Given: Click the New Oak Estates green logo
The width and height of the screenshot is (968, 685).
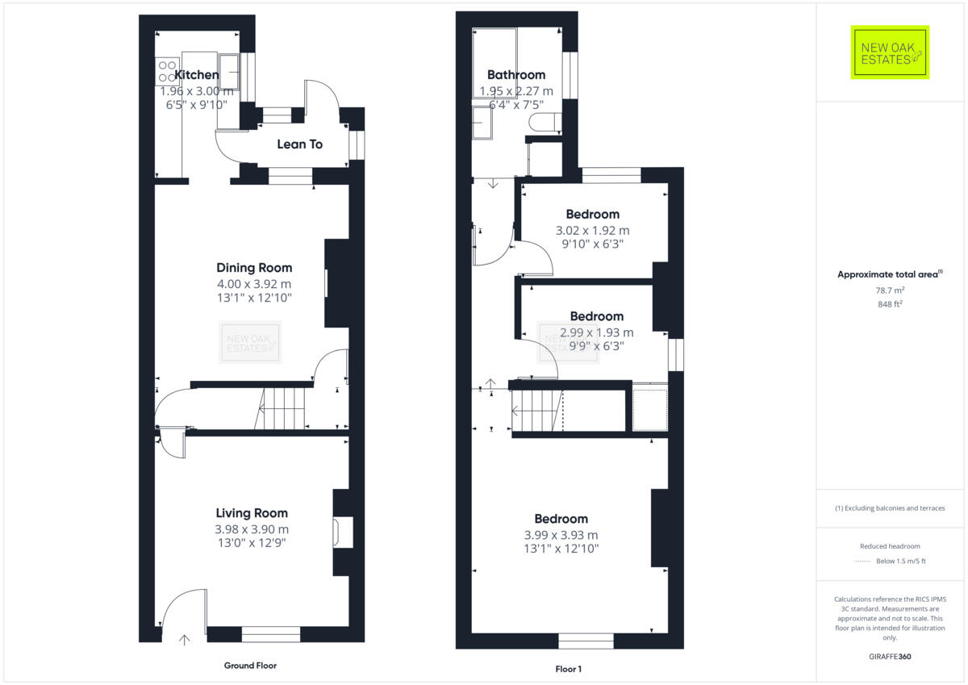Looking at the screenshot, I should click(890, 52).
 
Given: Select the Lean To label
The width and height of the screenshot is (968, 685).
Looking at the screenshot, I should click(299, 144).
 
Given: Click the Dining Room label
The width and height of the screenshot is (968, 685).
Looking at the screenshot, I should click(254, 268).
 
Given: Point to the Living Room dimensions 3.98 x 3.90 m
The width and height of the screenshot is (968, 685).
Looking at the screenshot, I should click(252, 529).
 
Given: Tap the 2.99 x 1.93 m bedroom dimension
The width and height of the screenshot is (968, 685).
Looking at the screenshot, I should click(597, 332).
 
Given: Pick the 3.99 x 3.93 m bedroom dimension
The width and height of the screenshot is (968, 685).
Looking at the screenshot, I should click(561, 535).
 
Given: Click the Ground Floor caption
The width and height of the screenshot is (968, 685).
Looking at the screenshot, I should click(250, 666).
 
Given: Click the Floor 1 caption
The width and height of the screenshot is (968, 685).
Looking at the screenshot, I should click(568, 669).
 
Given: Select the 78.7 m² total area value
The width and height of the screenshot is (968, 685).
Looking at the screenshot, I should click(890, 290).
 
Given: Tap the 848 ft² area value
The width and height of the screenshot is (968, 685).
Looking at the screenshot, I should click(890, 303).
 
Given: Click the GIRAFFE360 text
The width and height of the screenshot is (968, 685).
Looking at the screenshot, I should click(890, 657).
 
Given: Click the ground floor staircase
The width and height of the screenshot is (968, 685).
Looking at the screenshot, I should click(282, 408).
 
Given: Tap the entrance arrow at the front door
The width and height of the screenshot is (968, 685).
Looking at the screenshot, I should click(184, 640).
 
